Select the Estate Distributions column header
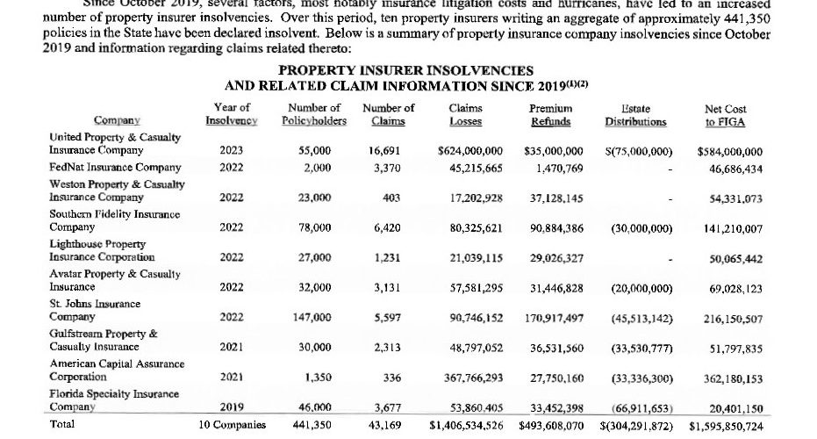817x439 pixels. click(x=636, y=115)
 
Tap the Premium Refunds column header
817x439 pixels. click(x=551, y=115)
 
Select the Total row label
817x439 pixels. click(x=63, y=424)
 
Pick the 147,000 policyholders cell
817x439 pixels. click(x=314, y=317)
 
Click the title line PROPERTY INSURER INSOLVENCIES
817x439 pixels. click(x=405, y=70)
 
